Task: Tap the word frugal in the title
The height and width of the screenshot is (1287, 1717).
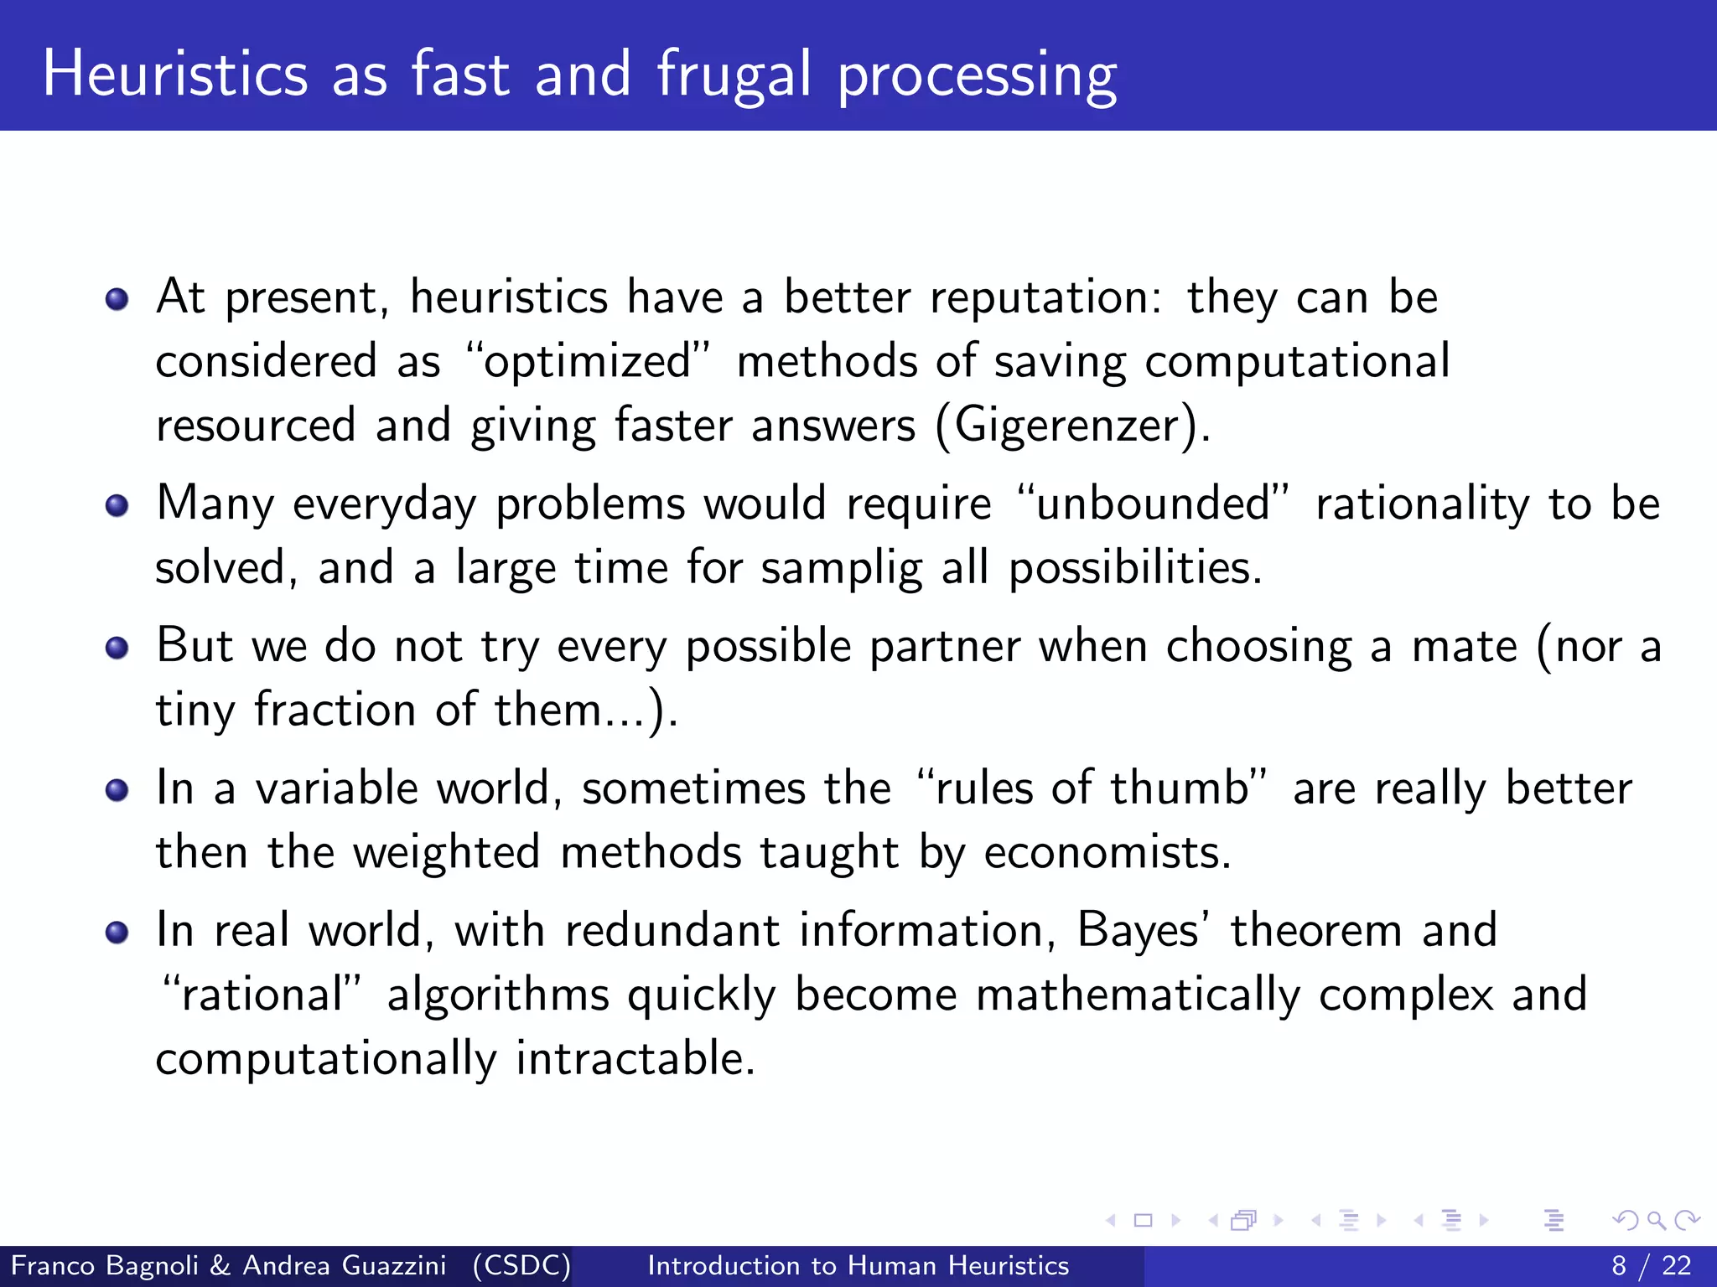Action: pos(734,75)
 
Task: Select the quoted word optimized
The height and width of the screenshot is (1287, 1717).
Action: pos(588,362)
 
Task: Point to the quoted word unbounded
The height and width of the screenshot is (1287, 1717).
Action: pos(1153,504)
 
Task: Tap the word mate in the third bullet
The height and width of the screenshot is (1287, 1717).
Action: pos(1464,647)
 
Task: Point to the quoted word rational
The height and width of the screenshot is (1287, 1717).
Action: pos(262,995)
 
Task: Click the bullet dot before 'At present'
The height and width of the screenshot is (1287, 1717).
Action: pos(117,299)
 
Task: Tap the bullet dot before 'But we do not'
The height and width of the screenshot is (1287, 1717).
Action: pos(117,648)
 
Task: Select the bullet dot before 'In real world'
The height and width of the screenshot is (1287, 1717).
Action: pos(117,932)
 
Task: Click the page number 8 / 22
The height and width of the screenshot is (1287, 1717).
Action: pos(1651,1265)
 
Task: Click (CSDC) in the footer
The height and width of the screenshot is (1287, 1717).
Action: pos(521,1265)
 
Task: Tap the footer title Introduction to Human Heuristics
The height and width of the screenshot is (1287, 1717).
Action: pos(858,1265)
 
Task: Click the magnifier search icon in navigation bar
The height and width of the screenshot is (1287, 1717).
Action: pos(1656,1221)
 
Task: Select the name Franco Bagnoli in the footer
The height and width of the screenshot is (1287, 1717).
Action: pos(105,1265)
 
